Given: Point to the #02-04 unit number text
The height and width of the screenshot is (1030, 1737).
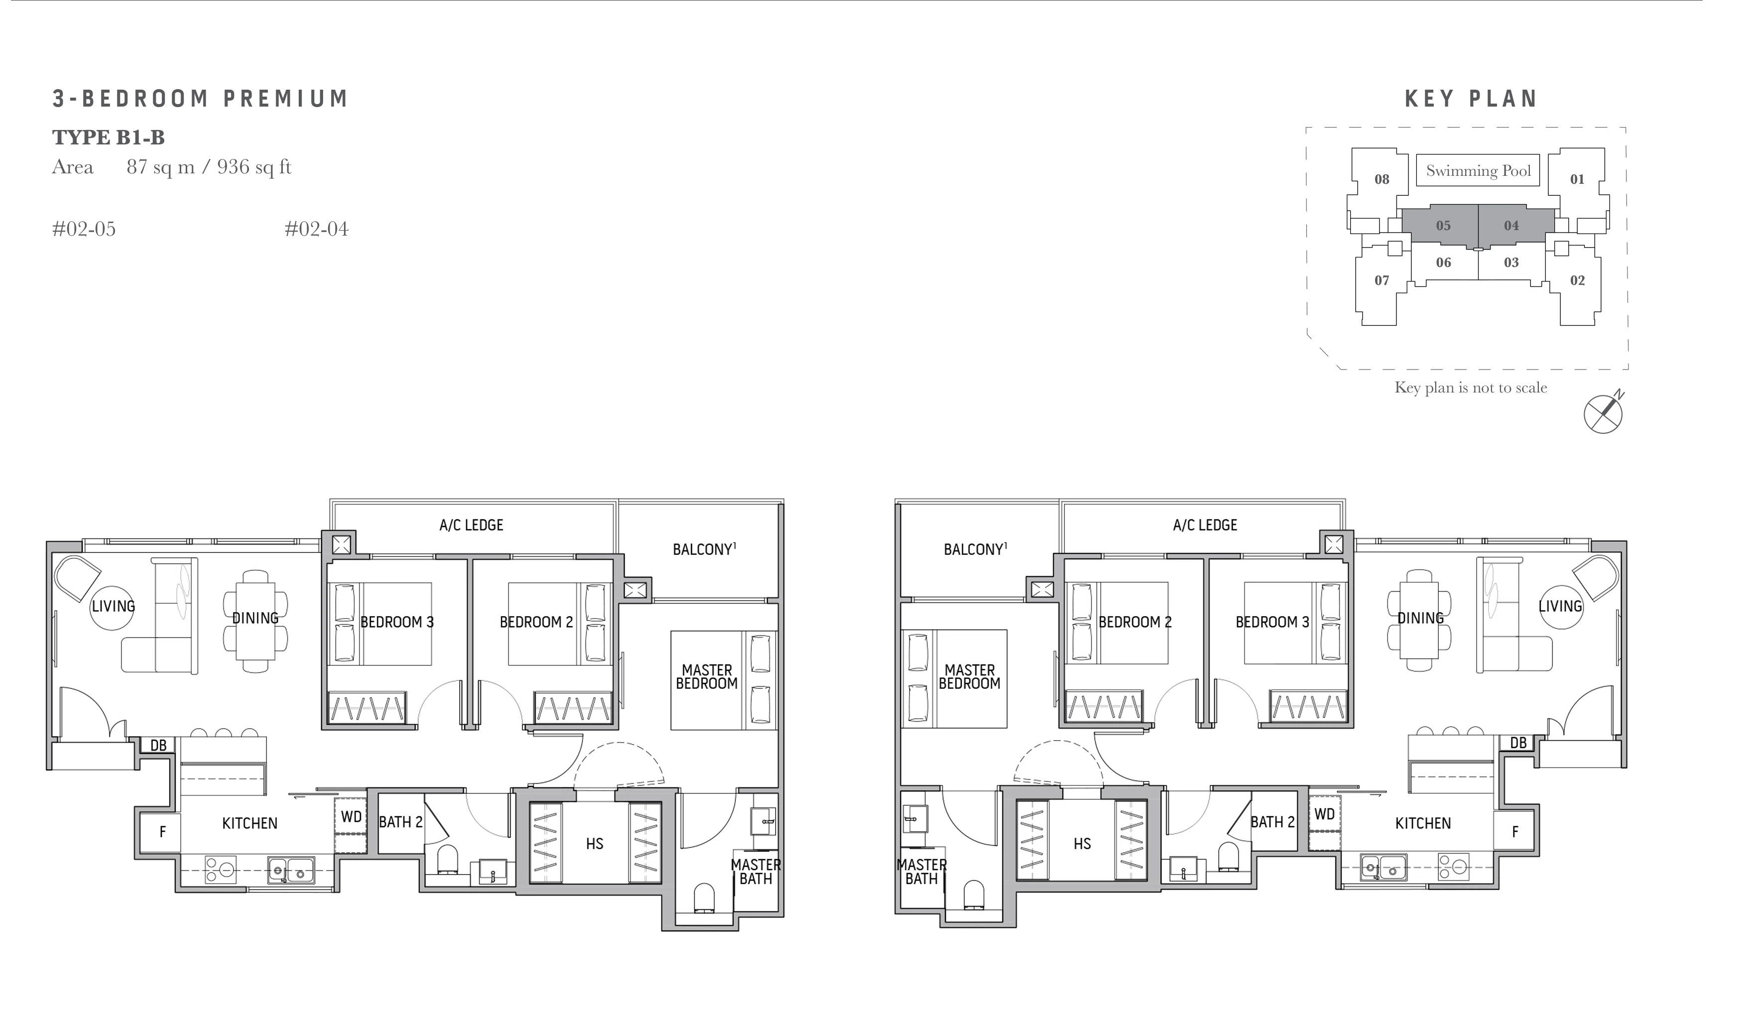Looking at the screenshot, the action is [316, 229].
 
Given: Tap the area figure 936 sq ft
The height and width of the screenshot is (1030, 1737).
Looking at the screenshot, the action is [254, 167].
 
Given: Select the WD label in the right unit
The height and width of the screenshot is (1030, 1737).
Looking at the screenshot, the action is [1324, 814].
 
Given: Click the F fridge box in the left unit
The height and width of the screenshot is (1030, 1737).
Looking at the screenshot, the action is [162, 831].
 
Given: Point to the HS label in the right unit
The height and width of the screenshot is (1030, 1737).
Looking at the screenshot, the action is [1082, 844].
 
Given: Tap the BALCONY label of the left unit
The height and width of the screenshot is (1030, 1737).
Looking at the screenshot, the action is [704, 550].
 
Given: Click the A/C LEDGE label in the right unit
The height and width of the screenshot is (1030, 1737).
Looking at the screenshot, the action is [1205, 525].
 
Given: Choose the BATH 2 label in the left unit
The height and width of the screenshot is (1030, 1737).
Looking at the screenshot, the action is [400, 822].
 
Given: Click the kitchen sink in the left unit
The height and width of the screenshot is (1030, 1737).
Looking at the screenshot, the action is [291, 869].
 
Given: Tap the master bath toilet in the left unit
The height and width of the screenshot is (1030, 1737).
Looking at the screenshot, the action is [704, 897].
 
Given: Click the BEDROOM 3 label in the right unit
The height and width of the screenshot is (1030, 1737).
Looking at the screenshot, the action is [1272, 623].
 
